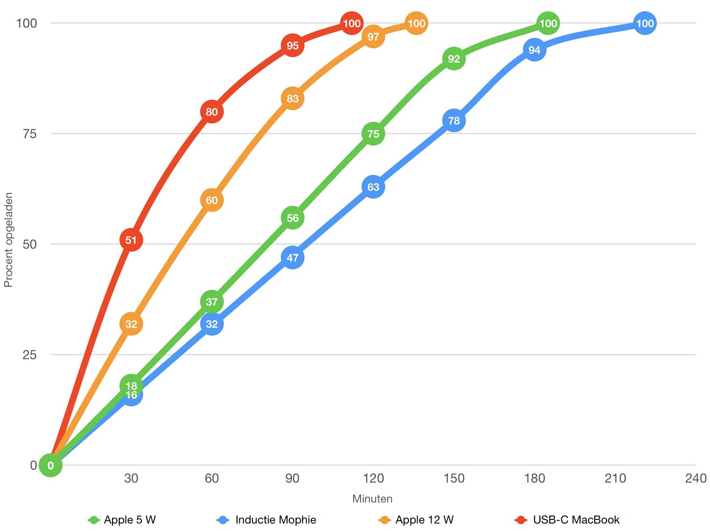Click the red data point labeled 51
(131, 240)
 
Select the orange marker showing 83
(292, 99)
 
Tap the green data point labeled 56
(292, 218)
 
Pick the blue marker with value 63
(373, 187)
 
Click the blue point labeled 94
(535, 50)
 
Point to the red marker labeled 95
(292, 45)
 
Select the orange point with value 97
(373, 36)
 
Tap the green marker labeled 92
(454, 59)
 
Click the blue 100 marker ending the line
(645, 23)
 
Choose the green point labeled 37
(212, 302)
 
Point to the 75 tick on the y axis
(29, 134)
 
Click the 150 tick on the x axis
(454, 478)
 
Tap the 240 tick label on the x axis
(696, 478)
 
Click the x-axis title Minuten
(372, 499)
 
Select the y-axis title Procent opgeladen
(8, 240)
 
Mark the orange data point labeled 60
(212, 200)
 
